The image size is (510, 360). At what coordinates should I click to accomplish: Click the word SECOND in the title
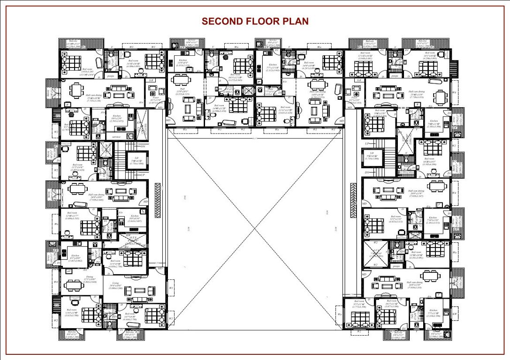click(x=222, y=22)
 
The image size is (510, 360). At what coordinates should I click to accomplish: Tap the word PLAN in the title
click(x=296, y=22)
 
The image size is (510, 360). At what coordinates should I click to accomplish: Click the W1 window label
click(x=171, y=287)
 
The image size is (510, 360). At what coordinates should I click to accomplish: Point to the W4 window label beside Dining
click(x=56, y=282)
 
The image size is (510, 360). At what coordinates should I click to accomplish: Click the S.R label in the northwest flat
click(x=151, y=81)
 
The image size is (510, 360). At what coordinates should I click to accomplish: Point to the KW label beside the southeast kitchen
click(x=454, y=313)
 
